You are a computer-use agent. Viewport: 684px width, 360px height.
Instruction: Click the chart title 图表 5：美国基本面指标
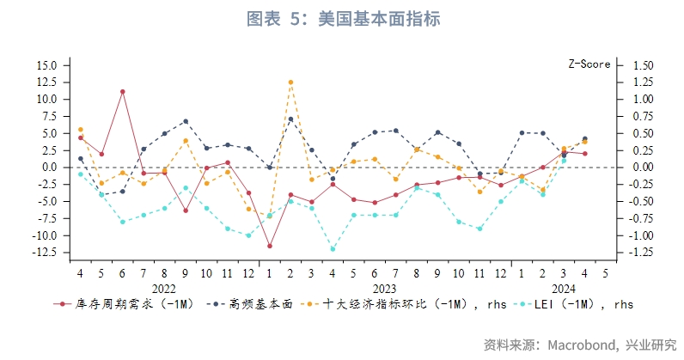343,18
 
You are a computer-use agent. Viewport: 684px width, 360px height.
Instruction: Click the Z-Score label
589,64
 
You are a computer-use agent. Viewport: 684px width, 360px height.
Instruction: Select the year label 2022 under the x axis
163,289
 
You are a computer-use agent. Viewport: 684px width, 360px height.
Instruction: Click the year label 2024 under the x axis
563,289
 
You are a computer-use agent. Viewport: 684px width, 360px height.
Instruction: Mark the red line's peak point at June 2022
123,91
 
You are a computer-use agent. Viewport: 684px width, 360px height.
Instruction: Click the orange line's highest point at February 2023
290,82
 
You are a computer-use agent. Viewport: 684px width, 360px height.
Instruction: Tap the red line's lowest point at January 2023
270,246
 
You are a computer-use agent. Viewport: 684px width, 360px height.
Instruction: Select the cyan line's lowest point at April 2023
333,249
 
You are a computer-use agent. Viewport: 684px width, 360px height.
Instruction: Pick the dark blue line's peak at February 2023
290,119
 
